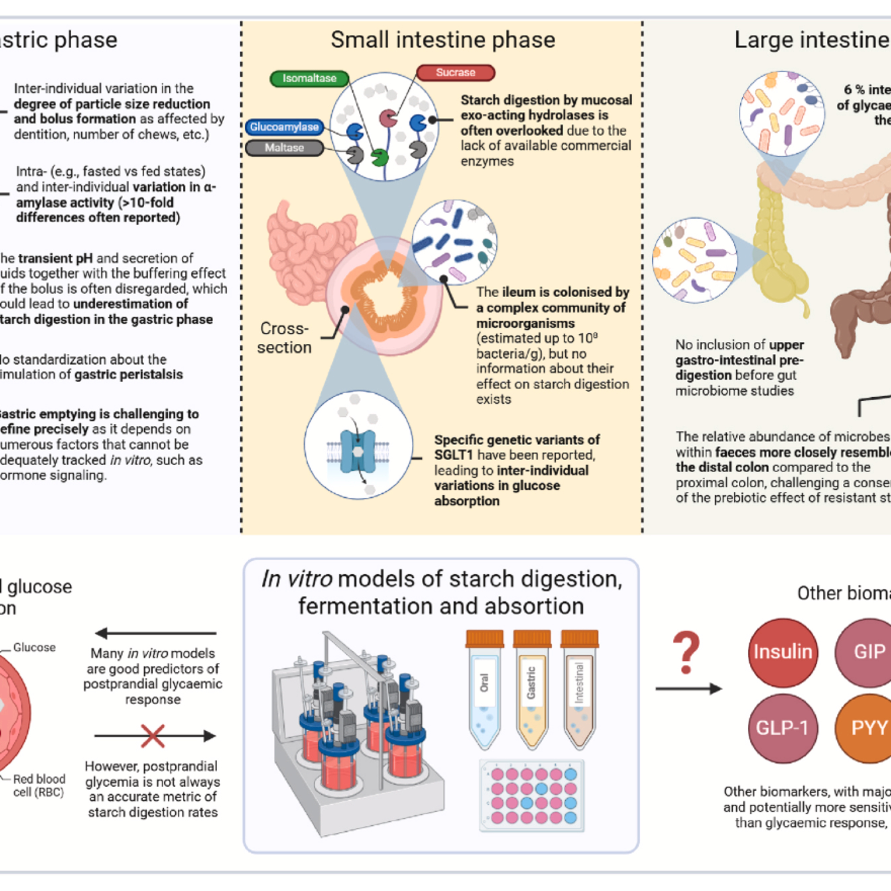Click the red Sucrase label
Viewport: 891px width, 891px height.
click(455, 73)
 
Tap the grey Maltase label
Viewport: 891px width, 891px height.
click(284, 148)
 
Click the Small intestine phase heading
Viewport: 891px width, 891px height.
click(443, 40)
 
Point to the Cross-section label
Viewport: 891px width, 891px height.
click(284, 338)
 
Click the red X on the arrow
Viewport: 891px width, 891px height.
click(153, 736)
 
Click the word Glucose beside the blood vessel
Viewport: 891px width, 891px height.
click(34, 647)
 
